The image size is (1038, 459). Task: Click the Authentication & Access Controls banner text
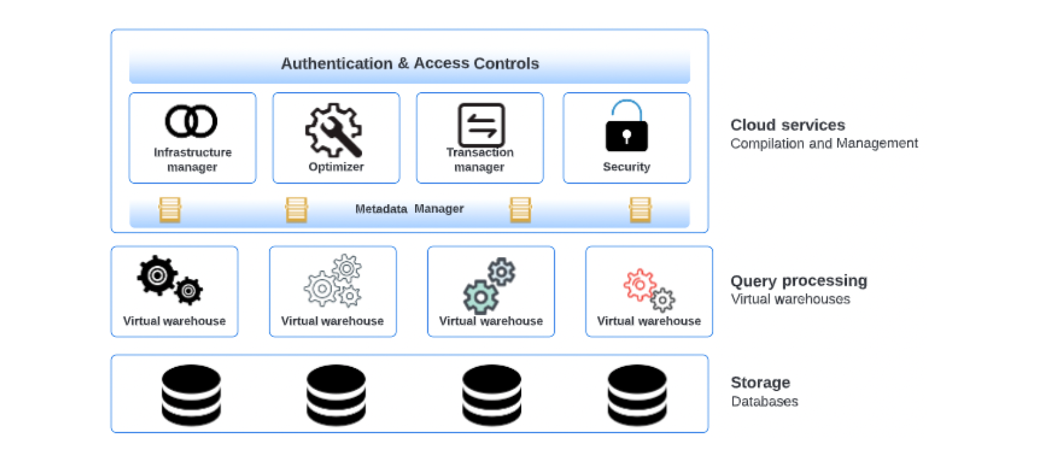pyautogui.click(x=410, y=64)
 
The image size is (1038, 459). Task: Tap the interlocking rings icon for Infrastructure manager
pyautogui.click(x=191, y=121)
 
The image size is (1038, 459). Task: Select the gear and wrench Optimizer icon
pyautogui.click(x=334, y=130)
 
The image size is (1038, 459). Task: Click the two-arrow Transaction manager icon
pyautogui.click(x=481, y=125)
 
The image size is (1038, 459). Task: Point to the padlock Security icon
pyautogui.click(x=626, y=127)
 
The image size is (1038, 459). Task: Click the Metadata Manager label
pyautogui.click(x=409, y=209)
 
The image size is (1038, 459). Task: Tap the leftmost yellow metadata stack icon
pyautogui.click(x=170, y=210)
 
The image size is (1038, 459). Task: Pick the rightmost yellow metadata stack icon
pyautogui.click(x=640, y=210)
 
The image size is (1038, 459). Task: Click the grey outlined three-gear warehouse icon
pyautogui.click(x=334, y=281)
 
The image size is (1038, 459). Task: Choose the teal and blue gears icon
pyautogui.click(x=490, y=285)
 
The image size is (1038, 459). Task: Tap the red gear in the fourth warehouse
pyautogui.click(x=639, y=285)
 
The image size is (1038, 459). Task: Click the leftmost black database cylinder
pyautogui.click(x=191, y=395)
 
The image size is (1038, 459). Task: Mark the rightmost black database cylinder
pyautogui.click(x=637, y=395)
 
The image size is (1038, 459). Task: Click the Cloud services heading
pyautogui.click(x=788, y=125)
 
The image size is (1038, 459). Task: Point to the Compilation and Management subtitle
pyautogui.click(x=824, y=144)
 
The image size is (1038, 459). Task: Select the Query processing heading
pyautogui.click(x=799, y=281)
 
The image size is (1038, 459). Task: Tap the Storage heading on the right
pyautogui.click(x=760, y=382)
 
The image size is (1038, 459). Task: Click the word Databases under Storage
pyautogui.click(x=764, y=401)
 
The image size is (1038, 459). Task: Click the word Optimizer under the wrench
pyautogui.click(x=336, y=167)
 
